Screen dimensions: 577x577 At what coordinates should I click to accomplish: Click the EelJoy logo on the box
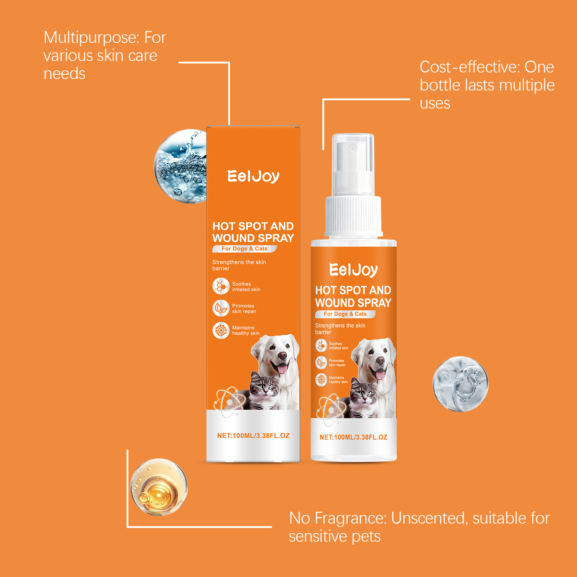[x=254, y=176]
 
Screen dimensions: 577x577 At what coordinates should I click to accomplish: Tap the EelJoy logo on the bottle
[x=353, y=270]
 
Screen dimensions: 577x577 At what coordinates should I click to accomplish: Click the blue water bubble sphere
[x=180, y=166]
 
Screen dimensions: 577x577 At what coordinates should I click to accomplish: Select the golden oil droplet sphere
[x=159, y=487]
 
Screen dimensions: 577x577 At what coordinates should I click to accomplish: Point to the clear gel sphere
[x=461, y=384]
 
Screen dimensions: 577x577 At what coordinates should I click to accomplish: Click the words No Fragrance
[x=338, y=518]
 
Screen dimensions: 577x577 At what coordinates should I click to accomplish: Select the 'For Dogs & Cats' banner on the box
[x=245, y=248]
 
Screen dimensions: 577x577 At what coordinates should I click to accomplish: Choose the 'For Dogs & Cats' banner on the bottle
[x=345, y=314]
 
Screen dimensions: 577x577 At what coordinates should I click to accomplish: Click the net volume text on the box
[x=254, y=436]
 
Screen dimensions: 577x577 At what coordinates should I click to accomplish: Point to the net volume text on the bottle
[x=353, y=437]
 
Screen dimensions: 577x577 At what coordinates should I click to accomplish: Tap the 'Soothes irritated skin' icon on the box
[x=221, y=286]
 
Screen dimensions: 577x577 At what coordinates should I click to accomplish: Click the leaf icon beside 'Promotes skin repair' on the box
[x=221, y=308]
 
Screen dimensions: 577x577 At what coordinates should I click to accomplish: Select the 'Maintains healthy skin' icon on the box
[x=221, y=330]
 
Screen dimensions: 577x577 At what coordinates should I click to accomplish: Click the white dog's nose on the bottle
[x=380, y=360]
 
